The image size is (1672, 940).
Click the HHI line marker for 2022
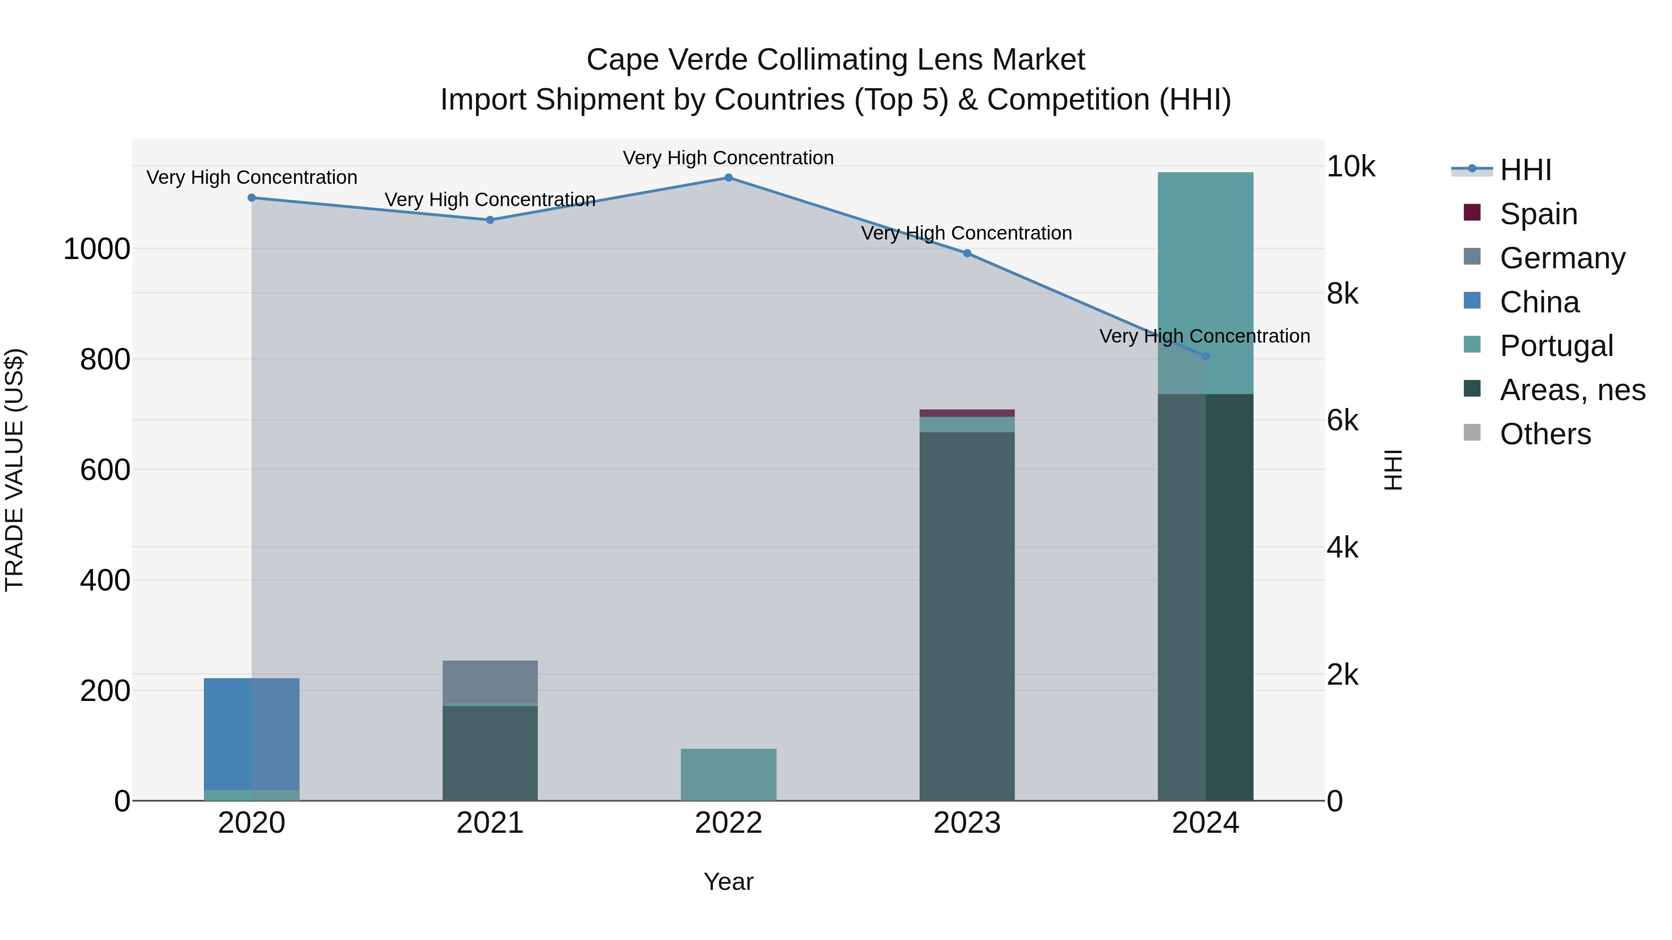pyautogui.click(x=728, y=178)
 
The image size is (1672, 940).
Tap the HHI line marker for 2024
pyautogui.click(x=1205, y=356)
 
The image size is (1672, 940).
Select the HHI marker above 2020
pyautogui.click(x=252, y=198)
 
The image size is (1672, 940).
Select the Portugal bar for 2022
pyautogui.click(x=728, y=775)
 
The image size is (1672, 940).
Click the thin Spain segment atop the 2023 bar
pyautogui.click(x=967, y=413)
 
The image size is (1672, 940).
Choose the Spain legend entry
pyautogui.click(x=1538, y=214)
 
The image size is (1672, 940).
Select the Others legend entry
pyautogui.click(x=1545, y=434)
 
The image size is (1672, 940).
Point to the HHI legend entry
pyautogui.click(x=1525, y=170)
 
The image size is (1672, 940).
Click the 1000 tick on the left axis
pyautogui.click(x=97, y=249)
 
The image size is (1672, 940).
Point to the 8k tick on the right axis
pyautogui.click(x=1342, y=294)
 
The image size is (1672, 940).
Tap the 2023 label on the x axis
pyautogui.click(x=967, y=823)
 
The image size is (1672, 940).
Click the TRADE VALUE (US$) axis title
pyautogui.click(x=14, y=470)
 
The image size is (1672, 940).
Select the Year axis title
pyautogui.click(x=728, y=882)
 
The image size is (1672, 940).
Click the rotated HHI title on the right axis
pyautogui.click(x=1393, y=470)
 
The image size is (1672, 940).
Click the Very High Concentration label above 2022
pyautogui.click(x=728, y=158)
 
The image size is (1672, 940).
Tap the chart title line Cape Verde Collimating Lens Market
pyautogui.click(x=836, y=60)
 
